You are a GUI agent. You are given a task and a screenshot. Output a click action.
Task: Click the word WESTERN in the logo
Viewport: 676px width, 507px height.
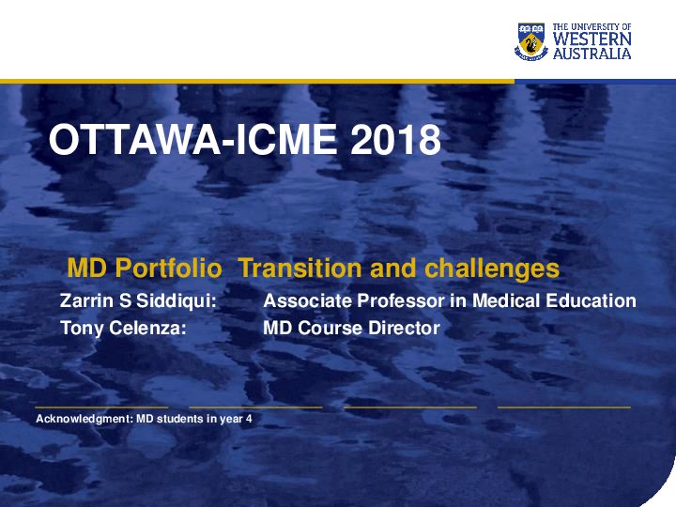point(591,39)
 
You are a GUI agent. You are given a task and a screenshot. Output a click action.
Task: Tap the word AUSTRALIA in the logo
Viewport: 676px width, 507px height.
point(591,54)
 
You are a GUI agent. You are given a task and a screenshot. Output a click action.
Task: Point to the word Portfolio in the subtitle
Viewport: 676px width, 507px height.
point(168,269)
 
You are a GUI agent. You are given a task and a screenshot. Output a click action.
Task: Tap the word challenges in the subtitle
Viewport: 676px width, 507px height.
point(492,269)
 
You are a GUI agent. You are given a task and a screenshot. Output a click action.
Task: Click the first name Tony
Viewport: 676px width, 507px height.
point(81,329)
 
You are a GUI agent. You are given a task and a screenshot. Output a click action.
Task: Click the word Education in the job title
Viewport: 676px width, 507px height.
point(591,301)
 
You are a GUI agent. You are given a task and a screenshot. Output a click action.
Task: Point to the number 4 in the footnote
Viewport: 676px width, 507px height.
point(249,419)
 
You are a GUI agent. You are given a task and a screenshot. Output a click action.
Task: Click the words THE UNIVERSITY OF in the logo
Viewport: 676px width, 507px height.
point(591,27)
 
